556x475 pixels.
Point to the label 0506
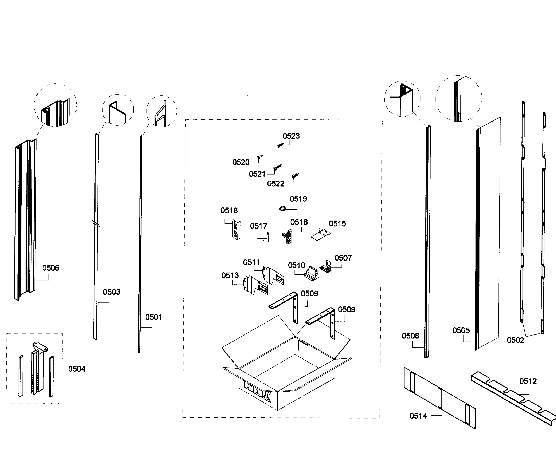coord(51,268)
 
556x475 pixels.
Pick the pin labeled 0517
coord(268,237)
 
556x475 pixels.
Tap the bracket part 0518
coord(236,230)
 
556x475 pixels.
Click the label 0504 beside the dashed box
coord(77,369)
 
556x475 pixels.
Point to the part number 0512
coord(528,381)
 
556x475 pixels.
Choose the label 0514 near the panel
coord(418,416)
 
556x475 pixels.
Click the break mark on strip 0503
coord(96,224)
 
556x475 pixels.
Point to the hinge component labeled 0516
coord(287,237)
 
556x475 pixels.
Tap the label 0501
coord(153,317)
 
